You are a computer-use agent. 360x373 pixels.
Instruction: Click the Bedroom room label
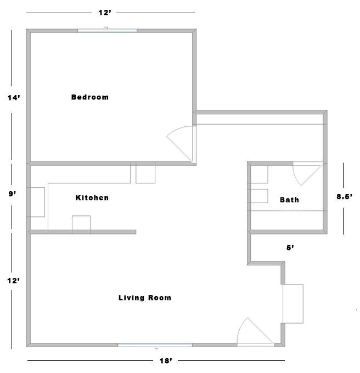tap(90, 97)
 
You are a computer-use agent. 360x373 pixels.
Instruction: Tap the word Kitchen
tap(92, 198)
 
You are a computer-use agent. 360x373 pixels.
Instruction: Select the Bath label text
tap(289, 200)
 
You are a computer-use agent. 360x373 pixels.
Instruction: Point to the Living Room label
tap(145, 298)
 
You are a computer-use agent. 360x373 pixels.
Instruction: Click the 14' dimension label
tap(14, 98)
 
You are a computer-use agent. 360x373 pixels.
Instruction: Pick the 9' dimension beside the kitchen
tap(13, 194)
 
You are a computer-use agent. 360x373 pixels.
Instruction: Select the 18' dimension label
tap(166, 361)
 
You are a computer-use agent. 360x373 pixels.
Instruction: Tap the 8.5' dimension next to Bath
tap(344, 197)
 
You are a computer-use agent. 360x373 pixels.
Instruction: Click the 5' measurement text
tap(290, 248)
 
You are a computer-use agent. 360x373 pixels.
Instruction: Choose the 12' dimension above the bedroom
tap(105, 13)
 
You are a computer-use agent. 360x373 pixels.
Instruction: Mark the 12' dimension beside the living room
tap(13, 281)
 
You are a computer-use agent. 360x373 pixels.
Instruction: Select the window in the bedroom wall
tap(107, 31)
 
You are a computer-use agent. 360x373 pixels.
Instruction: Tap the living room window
tap(155, 345)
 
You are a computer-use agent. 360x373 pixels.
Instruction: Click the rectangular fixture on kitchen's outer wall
tap(36, 202)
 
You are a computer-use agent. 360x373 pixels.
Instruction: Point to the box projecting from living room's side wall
tap(292, 304)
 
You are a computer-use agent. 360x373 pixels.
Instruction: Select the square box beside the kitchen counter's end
tap(145, 172)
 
